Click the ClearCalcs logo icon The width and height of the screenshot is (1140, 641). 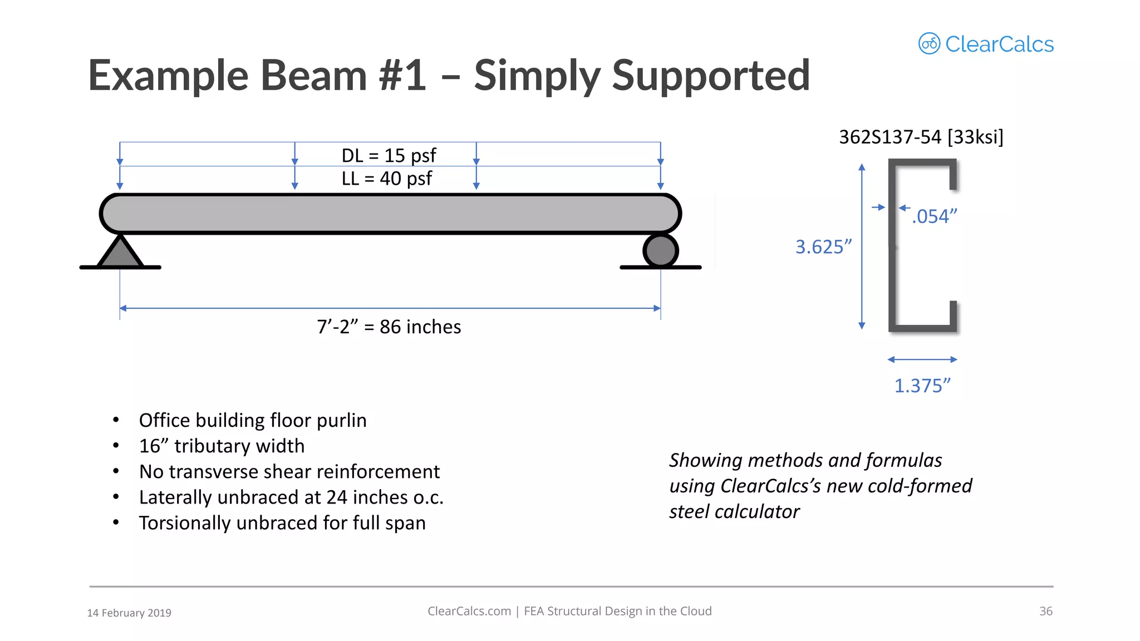coord(929,43)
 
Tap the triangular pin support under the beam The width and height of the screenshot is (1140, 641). coord(120,253)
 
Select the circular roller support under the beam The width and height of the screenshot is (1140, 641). coord(661,251)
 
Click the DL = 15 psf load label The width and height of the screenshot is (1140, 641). coord(389,155)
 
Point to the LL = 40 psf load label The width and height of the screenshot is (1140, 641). coord(387,179)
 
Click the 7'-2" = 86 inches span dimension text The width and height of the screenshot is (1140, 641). coord(389,327)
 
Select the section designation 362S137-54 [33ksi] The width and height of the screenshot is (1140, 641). coord(921,137)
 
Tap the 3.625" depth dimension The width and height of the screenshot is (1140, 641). coord(823,246)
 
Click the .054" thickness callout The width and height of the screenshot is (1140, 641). coord(935,216)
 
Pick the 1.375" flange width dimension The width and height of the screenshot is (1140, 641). coord(922,386)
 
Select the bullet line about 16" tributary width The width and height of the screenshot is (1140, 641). coord(222,446)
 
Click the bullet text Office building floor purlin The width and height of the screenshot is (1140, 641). coord(253,420)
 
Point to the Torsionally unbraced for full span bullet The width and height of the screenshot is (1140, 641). coord(282,523)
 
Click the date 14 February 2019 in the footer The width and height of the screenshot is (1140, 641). coord(129,613)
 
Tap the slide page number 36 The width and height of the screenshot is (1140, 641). coord(1046,611)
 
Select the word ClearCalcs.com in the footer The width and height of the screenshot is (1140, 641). coord(469,611)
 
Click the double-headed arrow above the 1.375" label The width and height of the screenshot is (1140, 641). coord(922,359)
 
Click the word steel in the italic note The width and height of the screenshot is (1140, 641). coord(690,511)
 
